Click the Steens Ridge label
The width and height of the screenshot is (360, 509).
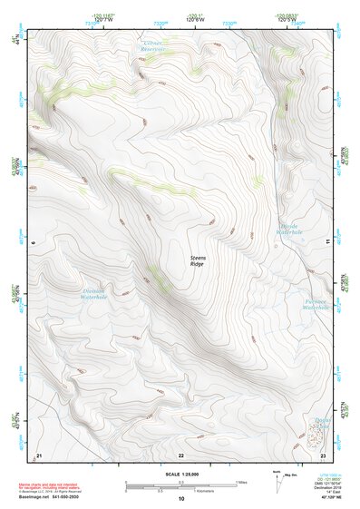click(198, 260)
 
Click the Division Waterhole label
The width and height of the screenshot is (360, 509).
click(93, 293)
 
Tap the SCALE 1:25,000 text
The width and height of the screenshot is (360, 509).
click(180, 475)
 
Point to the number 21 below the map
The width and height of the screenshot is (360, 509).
click(38, 454)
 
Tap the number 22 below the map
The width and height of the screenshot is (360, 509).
click(180, 454)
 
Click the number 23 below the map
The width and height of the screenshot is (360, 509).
click(323, 454)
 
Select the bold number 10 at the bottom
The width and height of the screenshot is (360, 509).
click(180, 498)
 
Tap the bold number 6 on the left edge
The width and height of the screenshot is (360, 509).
click(32, 243)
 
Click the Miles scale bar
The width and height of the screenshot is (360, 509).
click(180, 482)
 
